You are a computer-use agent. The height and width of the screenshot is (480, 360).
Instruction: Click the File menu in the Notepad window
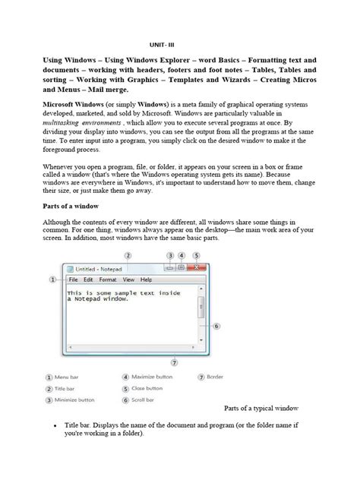tap(74, 279)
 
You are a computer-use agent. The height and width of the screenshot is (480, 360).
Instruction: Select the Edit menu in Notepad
tap(89, 279)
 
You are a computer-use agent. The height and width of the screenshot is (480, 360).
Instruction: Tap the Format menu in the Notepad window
tap(108, 279)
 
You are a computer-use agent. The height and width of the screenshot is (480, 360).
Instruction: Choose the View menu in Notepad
tap(128, 279)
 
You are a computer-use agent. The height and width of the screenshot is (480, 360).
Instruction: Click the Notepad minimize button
tap(169, 267)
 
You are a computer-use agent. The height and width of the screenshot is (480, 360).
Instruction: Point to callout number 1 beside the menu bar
tap(53, 279)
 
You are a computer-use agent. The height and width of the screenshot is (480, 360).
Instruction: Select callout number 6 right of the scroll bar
tap(216, 326)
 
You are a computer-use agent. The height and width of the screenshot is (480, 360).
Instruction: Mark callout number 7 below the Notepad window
tap(175, 362)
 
